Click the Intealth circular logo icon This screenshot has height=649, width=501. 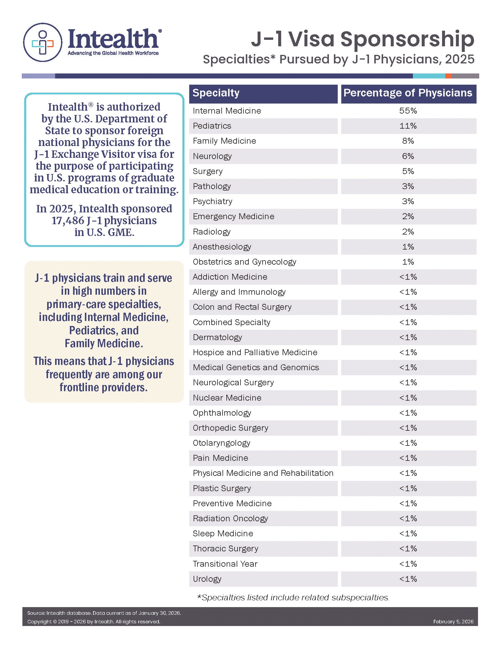43,42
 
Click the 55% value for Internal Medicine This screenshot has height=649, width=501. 408,111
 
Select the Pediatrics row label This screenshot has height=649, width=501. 212,126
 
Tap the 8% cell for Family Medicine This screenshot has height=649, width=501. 408,141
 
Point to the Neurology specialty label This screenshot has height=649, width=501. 212,156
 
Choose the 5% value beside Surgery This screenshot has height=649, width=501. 408,171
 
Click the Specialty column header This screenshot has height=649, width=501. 216,93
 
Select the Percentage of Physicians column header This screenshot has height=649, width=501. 408,93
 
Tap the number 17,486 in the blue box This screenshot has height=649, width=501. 68,220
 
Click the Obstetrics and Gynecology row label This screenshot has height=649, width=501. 244,262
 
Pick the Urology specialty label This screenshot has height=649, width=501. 207,579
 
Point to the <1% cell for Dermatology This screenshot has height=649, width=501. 408,337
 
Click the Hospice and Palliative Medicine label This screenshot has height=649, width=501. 255,353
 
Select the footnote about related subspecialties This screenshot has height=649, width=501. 293,597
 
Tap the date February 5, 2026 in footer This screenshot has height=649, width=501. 453,622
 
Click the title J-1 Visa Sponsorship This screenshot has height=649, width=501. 362,39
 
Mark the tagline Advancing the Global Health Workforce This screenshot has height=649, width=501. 113,53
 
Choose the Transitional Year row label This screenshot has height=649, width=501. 225,564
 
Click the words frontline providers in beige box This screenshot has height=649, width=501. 103,388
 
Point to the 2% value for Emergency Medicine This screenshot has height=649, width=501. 408,216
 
